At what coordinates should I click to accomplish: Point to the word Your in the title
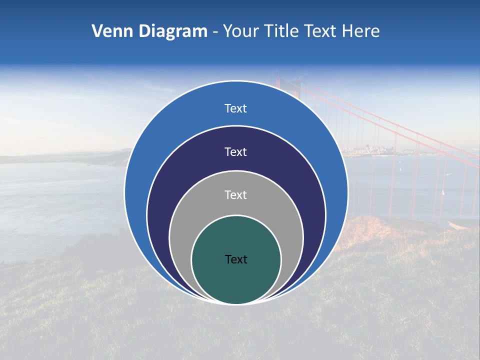pyautogui.click(x=241, y=31)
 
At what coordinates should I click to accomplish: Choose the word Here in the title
pyautogui.click(x=361, y=31)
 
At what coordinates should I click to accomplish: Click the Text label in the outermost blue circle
pyautogui.click(x=236, y=108)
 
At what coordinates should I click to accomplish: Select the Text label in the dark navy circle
pyautogui.click(x=236, y=151)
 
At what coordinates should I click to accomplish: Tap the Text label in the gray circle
pyautogui.click(x=236, y=195)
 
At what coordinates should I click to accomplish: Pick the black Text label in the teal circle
pyautogui.click(x=236, y=259)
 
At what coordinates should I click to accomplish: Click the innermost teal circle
pyautogui.click(x=236, y=280)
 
